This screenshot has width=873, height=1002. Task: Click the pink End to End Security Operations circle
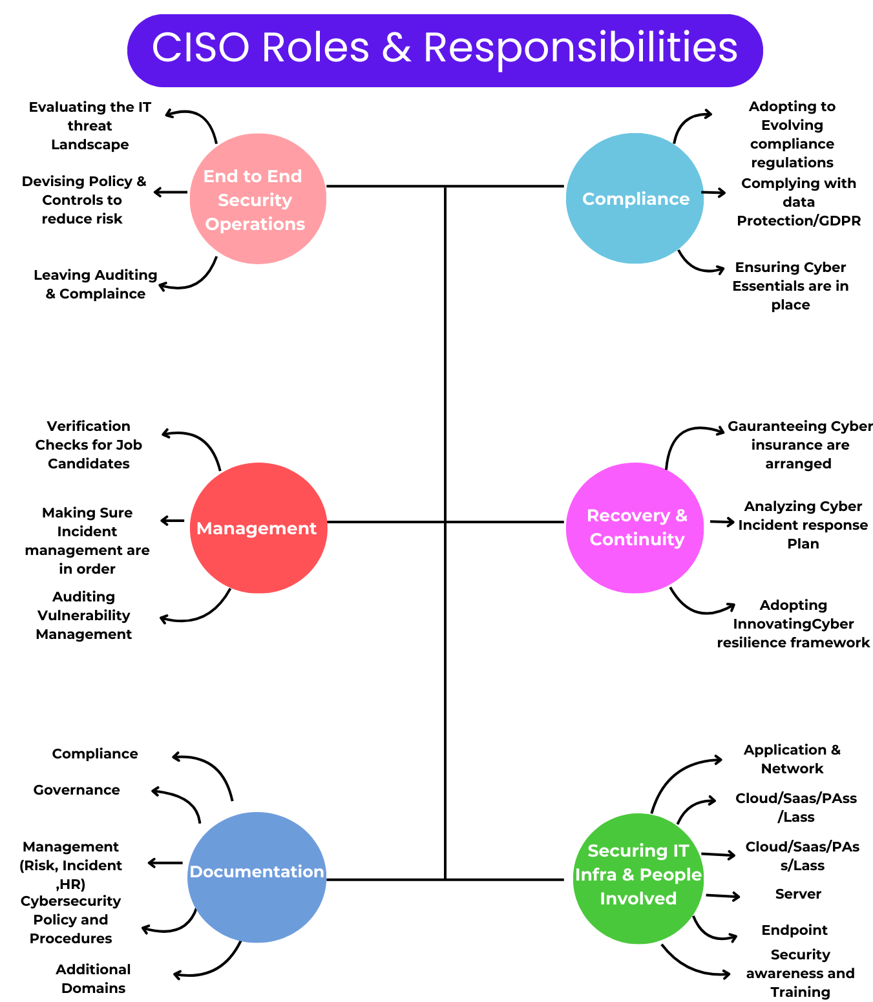[258, 199]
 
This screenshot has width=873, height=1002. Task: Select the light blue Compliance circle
[635, 198]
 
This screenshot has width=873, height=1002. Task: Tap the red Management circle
[258, 528]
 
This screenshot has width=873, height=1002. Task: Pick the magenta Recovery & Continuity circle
[635, 528]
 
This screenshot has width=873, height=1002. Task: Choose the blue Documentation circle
[257, 877]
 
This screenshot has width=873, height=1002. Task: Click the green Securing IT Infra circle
[638, 878]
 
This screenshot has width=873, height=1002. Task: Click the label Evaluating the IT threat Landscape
[90, 125]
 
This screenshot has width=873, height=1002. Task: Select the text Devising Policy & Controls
[83, 200]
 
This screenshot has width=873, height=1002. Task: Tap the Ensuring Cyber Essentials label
[790, 286]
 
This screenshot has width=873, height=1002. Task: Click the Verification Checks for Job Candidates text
[89, 444]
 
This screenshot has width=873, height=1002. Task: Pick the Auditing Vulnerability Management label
[83, 615]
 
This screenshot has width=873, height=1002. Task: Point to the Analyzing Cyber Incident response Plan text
[803, 525]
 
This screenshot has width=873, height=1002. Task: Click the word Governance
[76, 789]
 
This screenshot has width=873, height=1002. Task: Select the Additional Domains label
[93, 978]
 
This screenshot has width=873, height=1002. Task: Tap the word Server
[798, 893]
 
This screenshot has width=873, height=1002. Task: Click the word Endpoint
[794, 930]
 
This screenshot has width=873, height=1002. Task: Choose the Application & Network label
[792, 758]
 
